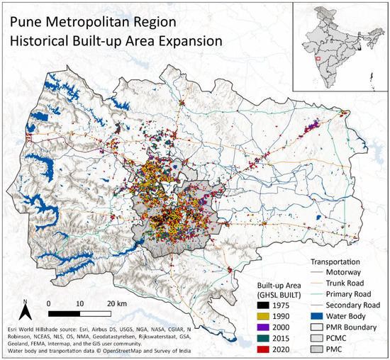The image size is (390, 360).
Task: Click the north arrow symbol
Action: click(x=25, y=307)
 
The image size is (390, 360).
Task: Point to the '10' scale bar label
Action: click(x=79, y=303)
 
